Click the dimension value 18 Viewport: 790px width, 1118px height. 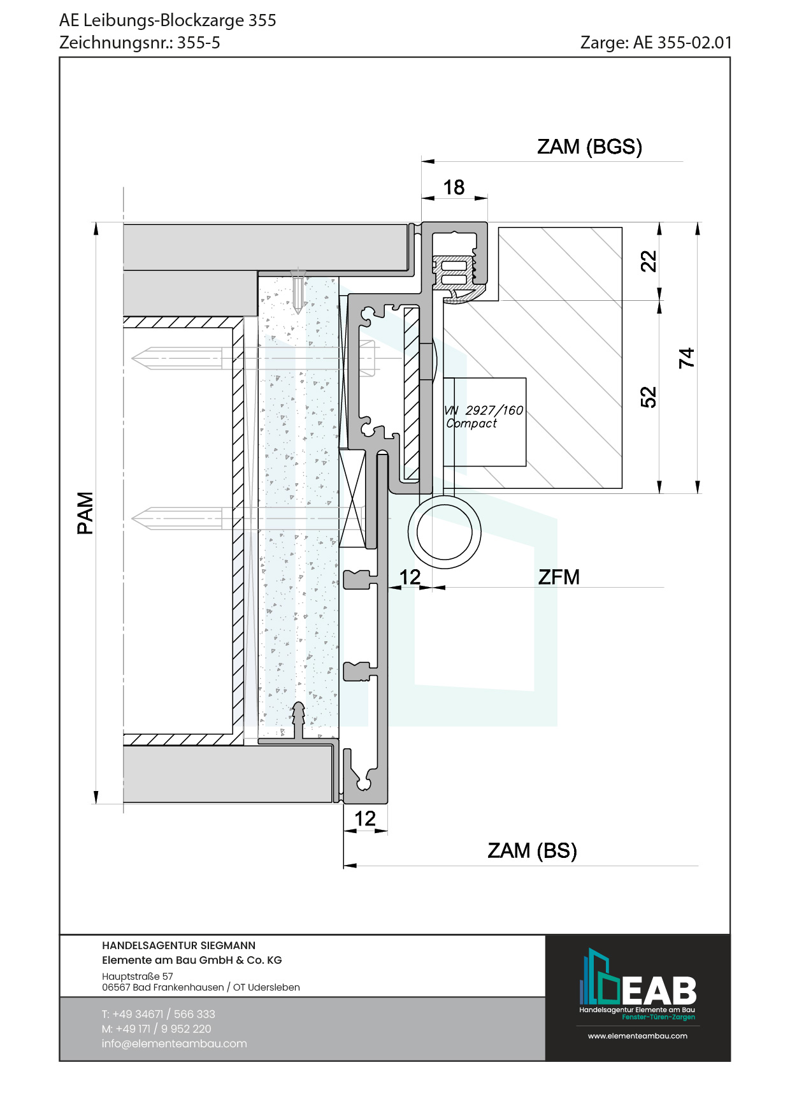coord(454,187)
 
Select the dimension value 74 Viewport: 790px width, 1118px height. coord(686,358)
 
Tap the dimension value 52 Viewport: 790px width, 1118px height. coord(648,396)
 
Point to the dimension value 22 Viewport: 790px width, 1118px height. coord(648,261)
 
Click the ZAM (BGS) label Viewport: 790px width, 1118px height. coord(589,147)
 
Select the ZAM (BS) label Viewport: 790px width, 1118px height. coord(532,850)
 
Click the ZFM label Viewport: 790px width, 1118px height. coord(559,577)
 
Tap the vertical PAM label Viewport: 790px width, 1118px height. coord(85,512)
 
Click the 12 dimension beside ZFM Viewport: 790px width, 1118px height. coord(410,577)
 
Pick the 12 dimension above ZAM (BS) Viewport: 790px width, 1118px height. coord(365,818)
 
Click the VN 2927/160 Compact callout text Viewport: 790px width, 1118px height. coord(484,417)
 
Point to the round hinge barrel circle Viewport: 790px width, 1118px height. coord(444,532)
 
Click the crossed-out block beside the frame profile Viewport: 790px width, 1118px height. coord(352,498)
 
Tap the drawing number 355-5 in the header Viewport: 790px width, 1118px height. coord(198,43)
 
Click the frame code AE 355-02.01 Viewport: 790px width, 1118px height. coord(682,43)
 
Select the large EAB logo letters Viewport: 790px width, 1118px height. coord(659,991)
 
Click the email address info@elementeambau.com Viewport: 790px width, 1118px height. coord(174,1043)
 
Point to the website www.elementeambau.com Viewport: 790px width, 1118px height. coord(637,1036)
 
